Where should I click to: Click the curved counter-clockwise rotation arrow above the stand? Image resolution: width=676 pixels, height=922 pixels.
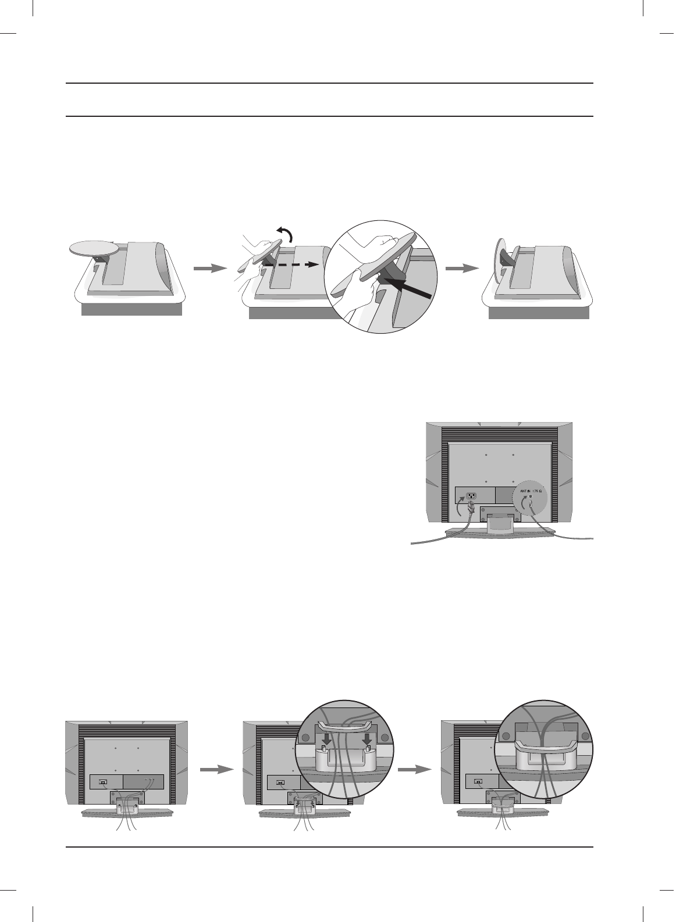(x=285, y=236)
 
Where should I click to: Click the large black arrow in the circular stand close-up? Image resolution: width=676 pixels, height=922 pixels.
(x=408, y=287)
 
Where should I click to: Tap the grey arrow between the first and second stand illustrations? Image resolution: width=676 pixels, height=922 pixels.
(x=209, y=268)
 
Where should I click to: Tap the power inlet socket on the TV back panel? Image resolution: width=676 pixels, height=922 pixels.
(x=471, y=496)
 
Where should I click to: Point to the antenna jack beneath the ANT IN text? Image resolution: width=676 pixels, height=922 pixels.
(x=531, y=498)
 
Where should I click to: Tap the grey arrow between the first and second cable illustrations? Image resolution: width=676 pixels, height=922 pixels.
(x=216, y=769)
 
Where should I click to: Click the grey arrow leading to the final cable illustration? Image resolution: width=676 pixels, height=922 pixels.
(x=415, y=769)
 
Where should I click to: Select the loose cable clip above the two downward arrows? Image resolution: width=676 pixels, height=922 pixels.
(x=344, y=727)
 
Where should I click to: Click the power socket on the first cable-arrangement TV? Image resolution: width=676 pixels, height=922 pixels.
(x=103, y=781)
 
